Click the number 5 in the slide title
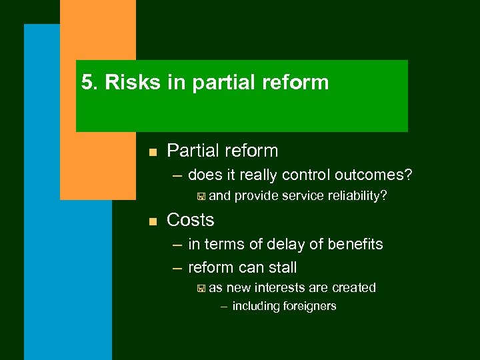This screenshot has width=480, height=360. click(x=86, y=83)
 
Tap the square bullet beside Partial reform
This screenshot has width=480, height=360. click(x=152, y=153)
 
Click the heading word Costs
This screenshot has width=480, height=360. click(x=191, y=220)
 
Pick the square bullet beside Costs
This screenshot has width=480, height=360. click(x=152, y=221)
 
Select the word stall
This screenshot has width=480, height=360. click(x=282, y=268)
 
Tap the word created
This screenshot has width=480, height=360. click(x=354, y=288)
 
